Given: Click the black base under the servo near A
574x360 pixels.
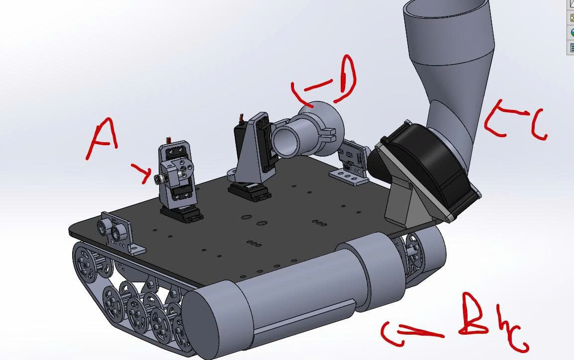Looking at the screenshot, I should pos(181,214).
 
